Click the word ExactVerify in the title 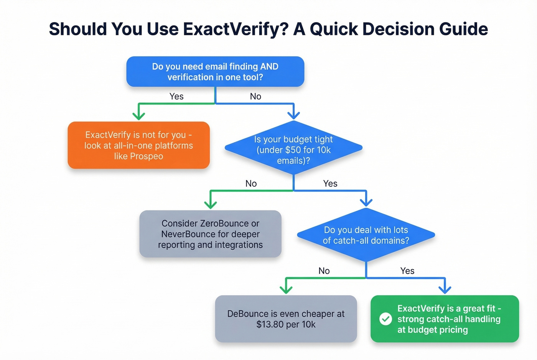pyautogui.click(x=235, y=29)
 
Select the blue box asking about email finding pyautogui.click(x=215, y=72)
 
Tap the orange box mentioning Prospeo pyautogui.click(x=138, y=145)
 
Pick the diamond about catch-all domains pyautogui.click(x=366, y=235)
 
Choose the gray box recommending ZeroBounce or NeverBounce pyautogui.click(x=210, y=234)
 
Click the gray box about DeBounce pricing pyautogui.click(x=286, y=319)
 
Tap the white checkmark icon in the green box pyautogui.click(x=385, y=319)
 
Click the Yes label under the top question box pyautogui.click(x=176, y=97)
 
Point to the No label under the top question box pyautogui.click(x=255, y=97)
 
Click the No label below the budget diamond pyautogui.click(x=251, y=184)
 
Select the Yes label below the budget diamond pyautogui.click(x=330, y=184)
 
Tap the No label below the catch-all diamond pyautogui.click(x=324, y=271)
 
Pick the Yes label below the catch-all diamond pyautogui.click(x=407, y=271)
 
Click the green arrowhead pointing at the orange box pyautogui.click(x=138, y=116)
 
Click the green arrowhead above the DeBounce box pyautogui.click(x=286, y=289)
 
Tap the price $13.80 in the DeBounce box pyautogui.click(x=270, y=325)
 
